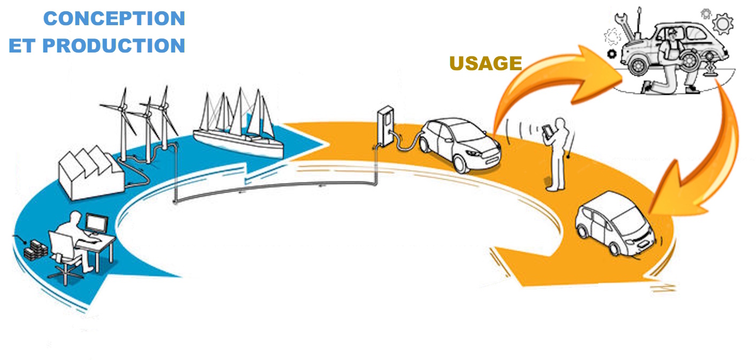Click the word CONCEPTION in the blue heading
click(x=114, y=19)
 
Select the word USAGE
click(x=485, y=64)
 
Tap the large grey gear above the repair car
click(x=723, y=24)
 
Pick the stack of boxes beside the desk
click(x=38, y=249)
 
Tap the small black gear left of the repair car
click(x=611, y=54)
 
